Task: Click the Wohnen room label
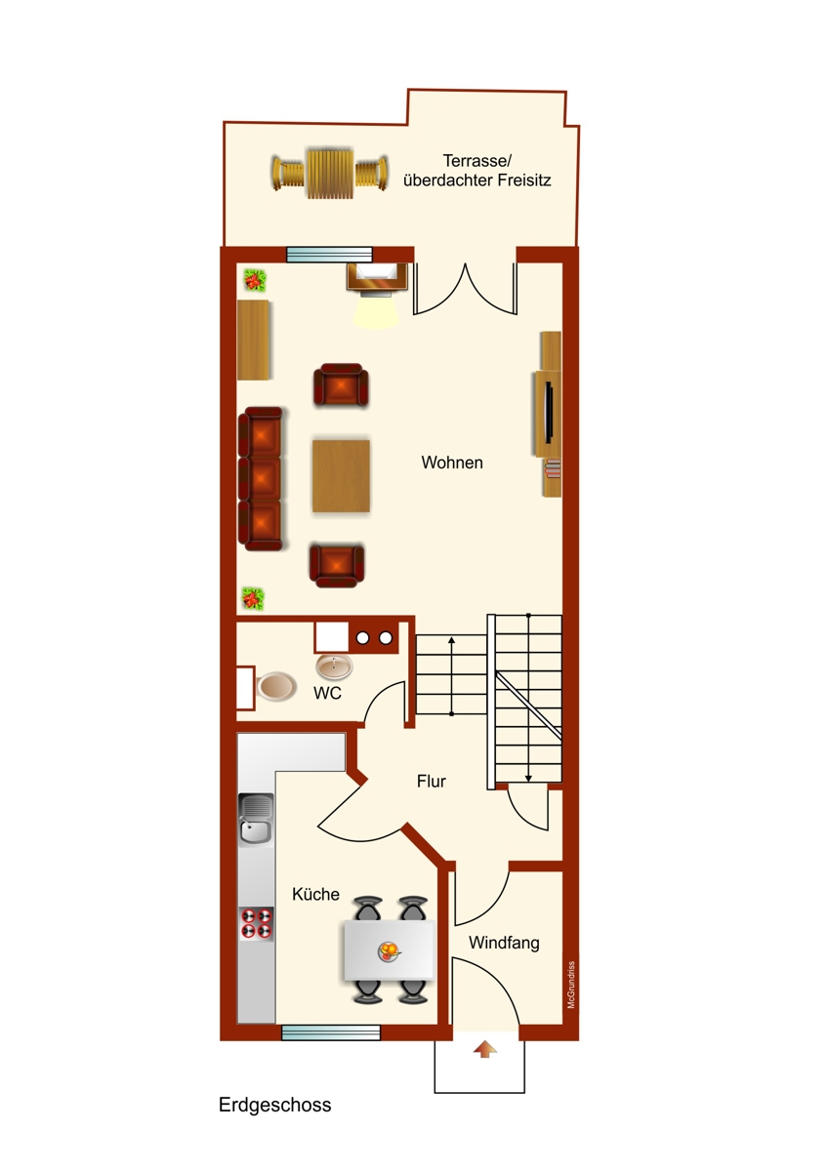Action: click(452, 463)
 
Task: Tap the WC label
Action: click(327, 693)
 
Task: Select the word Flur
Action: click(431, 781)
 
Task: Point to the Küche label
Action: click(316, 894)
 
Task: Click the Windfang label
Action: click(504, 943)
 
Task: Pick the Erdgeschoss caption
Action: click(275, 1105)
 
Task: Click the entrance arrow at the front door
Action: click(484, 1049)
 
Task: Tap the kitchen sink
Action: click(257, 819)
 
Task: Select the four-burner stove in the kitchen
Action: click(257, 922)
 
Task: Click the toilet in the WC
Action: click(274, 687)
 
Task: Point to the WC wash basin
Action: click(335, 667)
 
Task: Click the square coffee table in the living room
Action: click(341, 476)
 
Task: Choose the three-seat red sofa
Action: click(261, 478)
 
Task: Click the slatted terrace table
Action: click(328, 174)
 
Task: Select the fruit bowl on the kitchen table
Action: click(390, 950)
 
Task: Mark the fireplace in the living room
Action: click(374, 278)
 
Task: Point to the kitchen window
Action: click(330, 1032)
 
